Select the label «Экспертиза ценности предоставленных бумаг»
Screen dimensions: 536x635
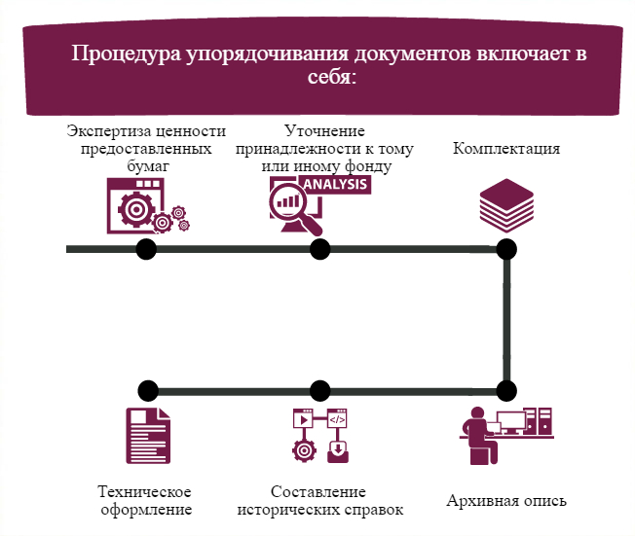coord(146,149)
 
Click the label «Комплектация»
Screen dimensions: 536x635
coord(506,149)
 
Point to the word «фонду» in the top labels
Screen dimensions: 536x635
coord(367,166)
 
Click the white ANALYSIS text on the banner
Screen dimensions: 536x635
coord(335,184)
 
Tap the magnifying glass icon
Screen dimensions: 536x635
coord(295,207)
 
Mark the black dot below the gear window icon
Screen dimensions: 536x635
coord(146,249)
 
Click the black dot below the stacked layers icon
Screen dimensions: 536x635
coord(505,249)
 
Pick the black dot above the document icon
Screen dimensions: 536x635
coord(147,391)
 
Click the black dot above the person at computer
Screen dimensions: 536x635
coord(505,391)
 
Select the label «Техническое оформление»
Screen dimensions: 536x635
coord(145,499)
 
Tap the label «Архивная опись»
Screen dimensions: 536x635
coord(506,502)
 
